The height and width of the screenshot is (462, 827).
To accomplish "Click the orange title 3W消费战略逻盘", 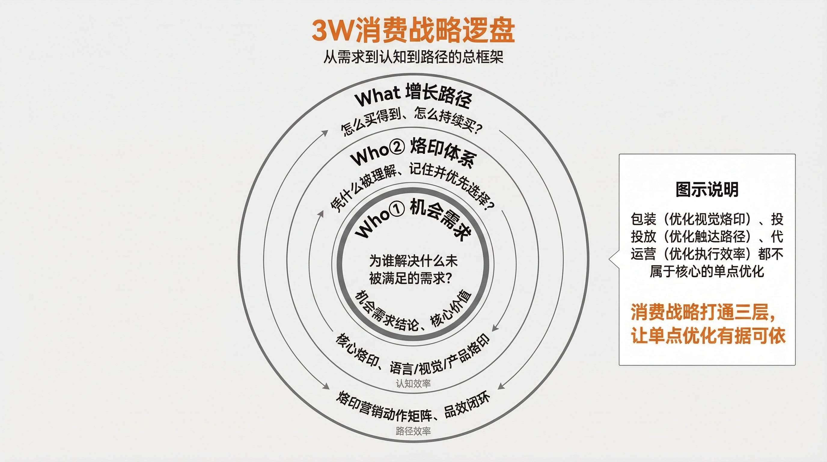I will click(413, 30).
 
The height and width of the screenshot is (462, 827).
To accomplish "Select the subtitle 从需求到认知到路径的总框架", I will click(413, 57).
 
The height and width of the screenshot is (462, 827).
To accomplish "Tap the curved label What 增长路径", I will click(413, 95).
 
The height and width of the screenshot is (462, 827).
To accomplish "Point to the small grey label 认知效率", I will click(413, 383).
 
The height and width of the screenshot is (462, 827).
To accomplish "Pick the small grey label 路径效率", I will click(413, 431).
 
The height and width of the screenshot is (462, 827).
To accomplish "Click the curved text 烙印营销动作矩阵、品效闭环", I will click(413, 410).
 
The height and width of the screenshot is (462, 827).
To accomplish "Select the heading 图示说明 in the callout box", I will click(707, 189).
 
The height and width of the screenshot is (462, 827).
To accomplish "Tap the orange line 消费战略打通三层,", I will click(703, 312).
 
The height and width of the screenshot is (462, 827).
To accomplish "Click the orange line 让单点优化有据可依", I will click(708, 336).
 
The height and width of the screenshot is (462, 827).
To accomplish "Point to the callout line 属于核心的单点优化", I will click(707, 272).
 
